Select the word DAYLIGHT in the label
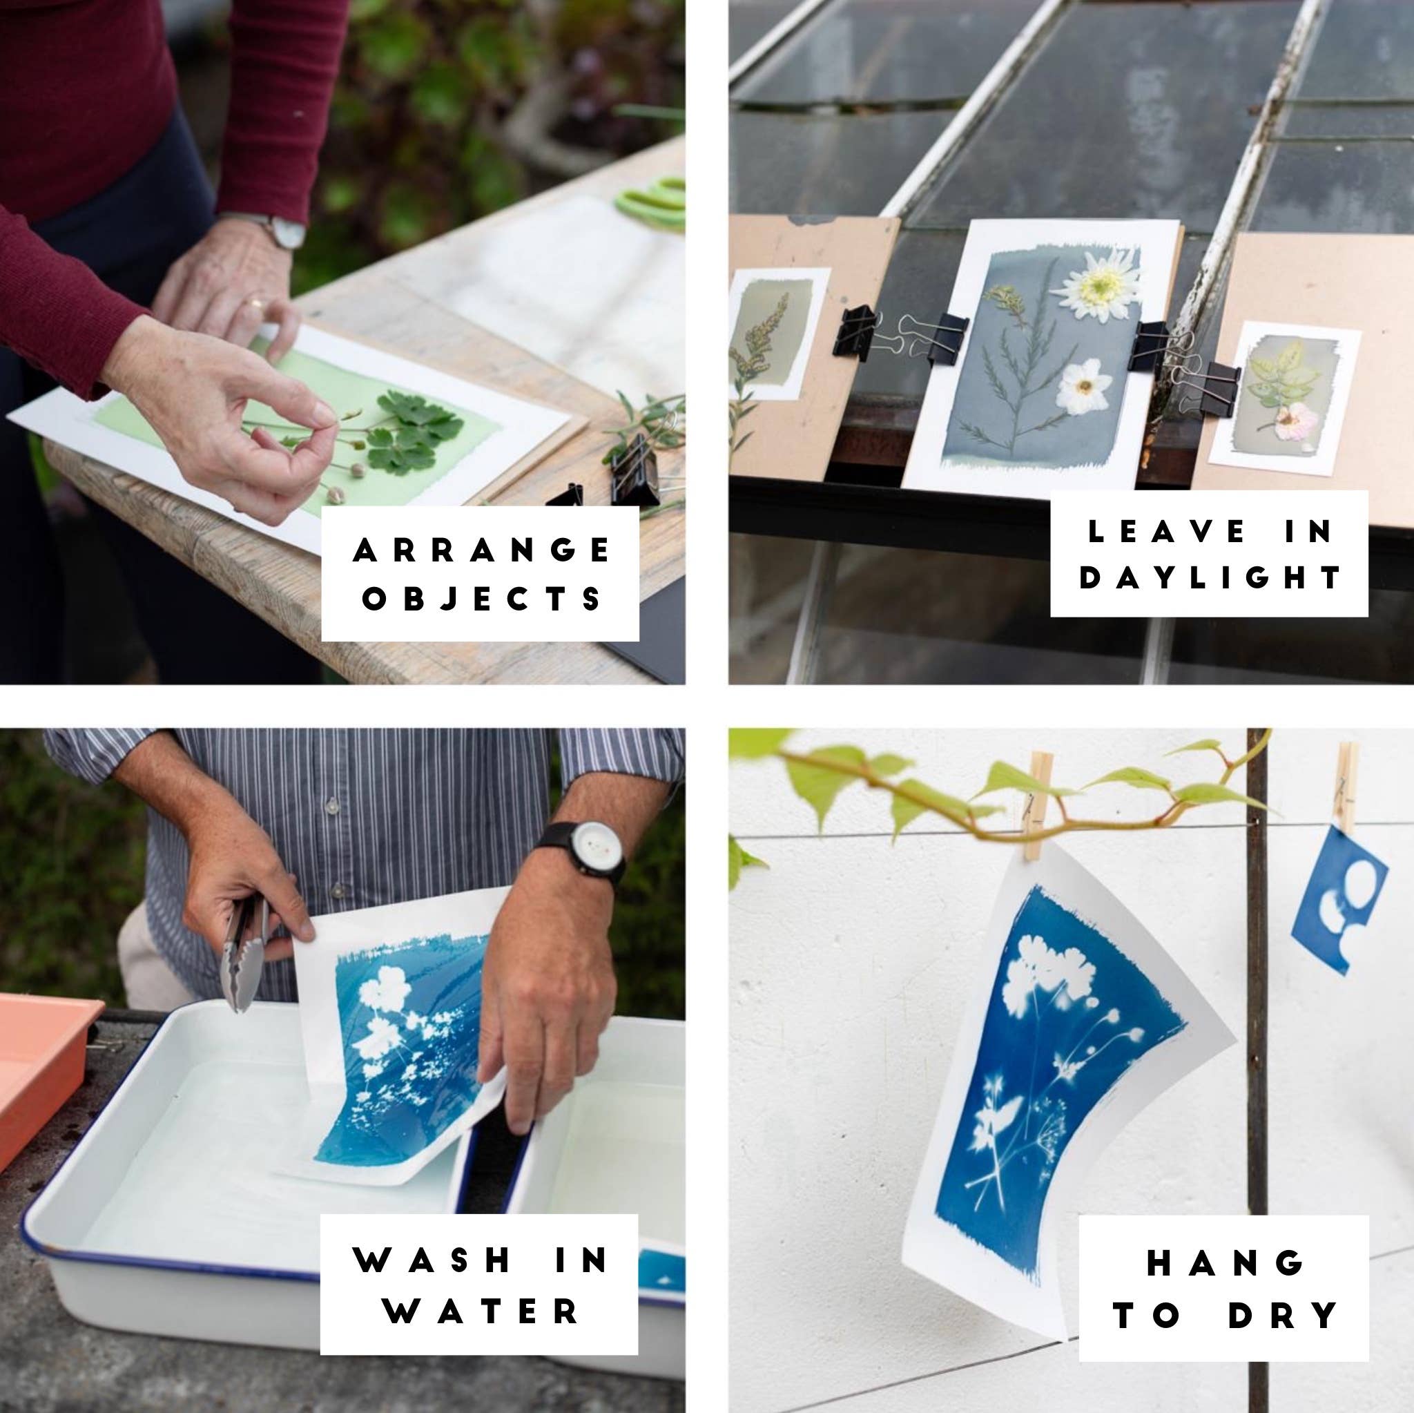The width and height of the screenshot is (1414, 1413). pos(1210,577)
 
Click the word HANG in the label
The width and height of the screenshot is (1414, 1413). pos(1224,1263)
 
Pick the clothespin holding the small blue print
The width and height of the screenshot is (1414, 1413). pos(1346,787)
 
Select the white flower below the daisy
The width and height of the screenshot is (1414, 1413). pos(1084,387)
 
